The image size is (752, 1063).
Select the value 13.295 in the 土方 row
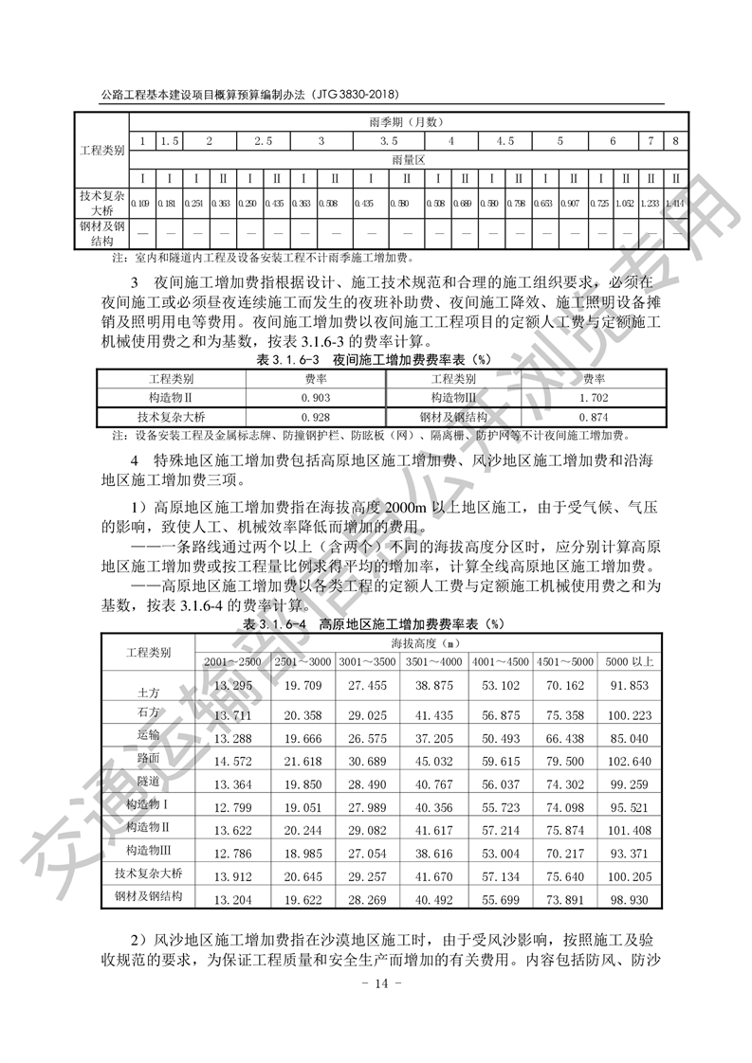pyautogui.click(x=233, y=686)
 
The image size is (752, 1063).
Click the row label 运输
pyautogui.click(x=148, y=733)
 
